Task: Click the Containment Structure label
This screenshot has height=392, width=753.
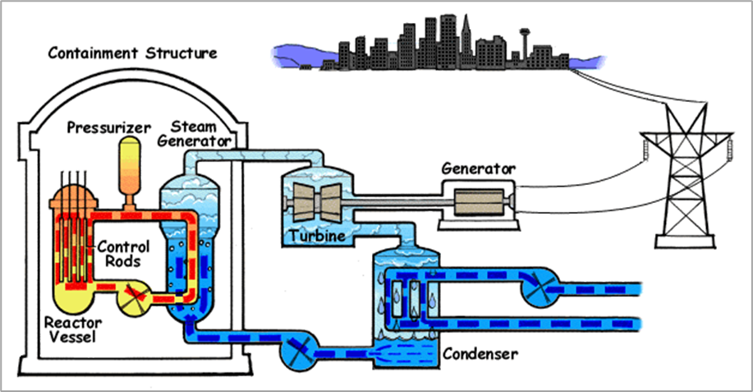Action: tap(132, 54)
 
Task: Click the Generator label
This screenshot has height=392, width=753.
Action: tap(478, 168)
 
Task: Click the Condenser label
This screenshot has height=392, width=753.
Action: tap(480, 355)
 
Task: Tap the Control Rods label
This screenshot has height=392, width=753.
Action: tap(122, 253)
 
